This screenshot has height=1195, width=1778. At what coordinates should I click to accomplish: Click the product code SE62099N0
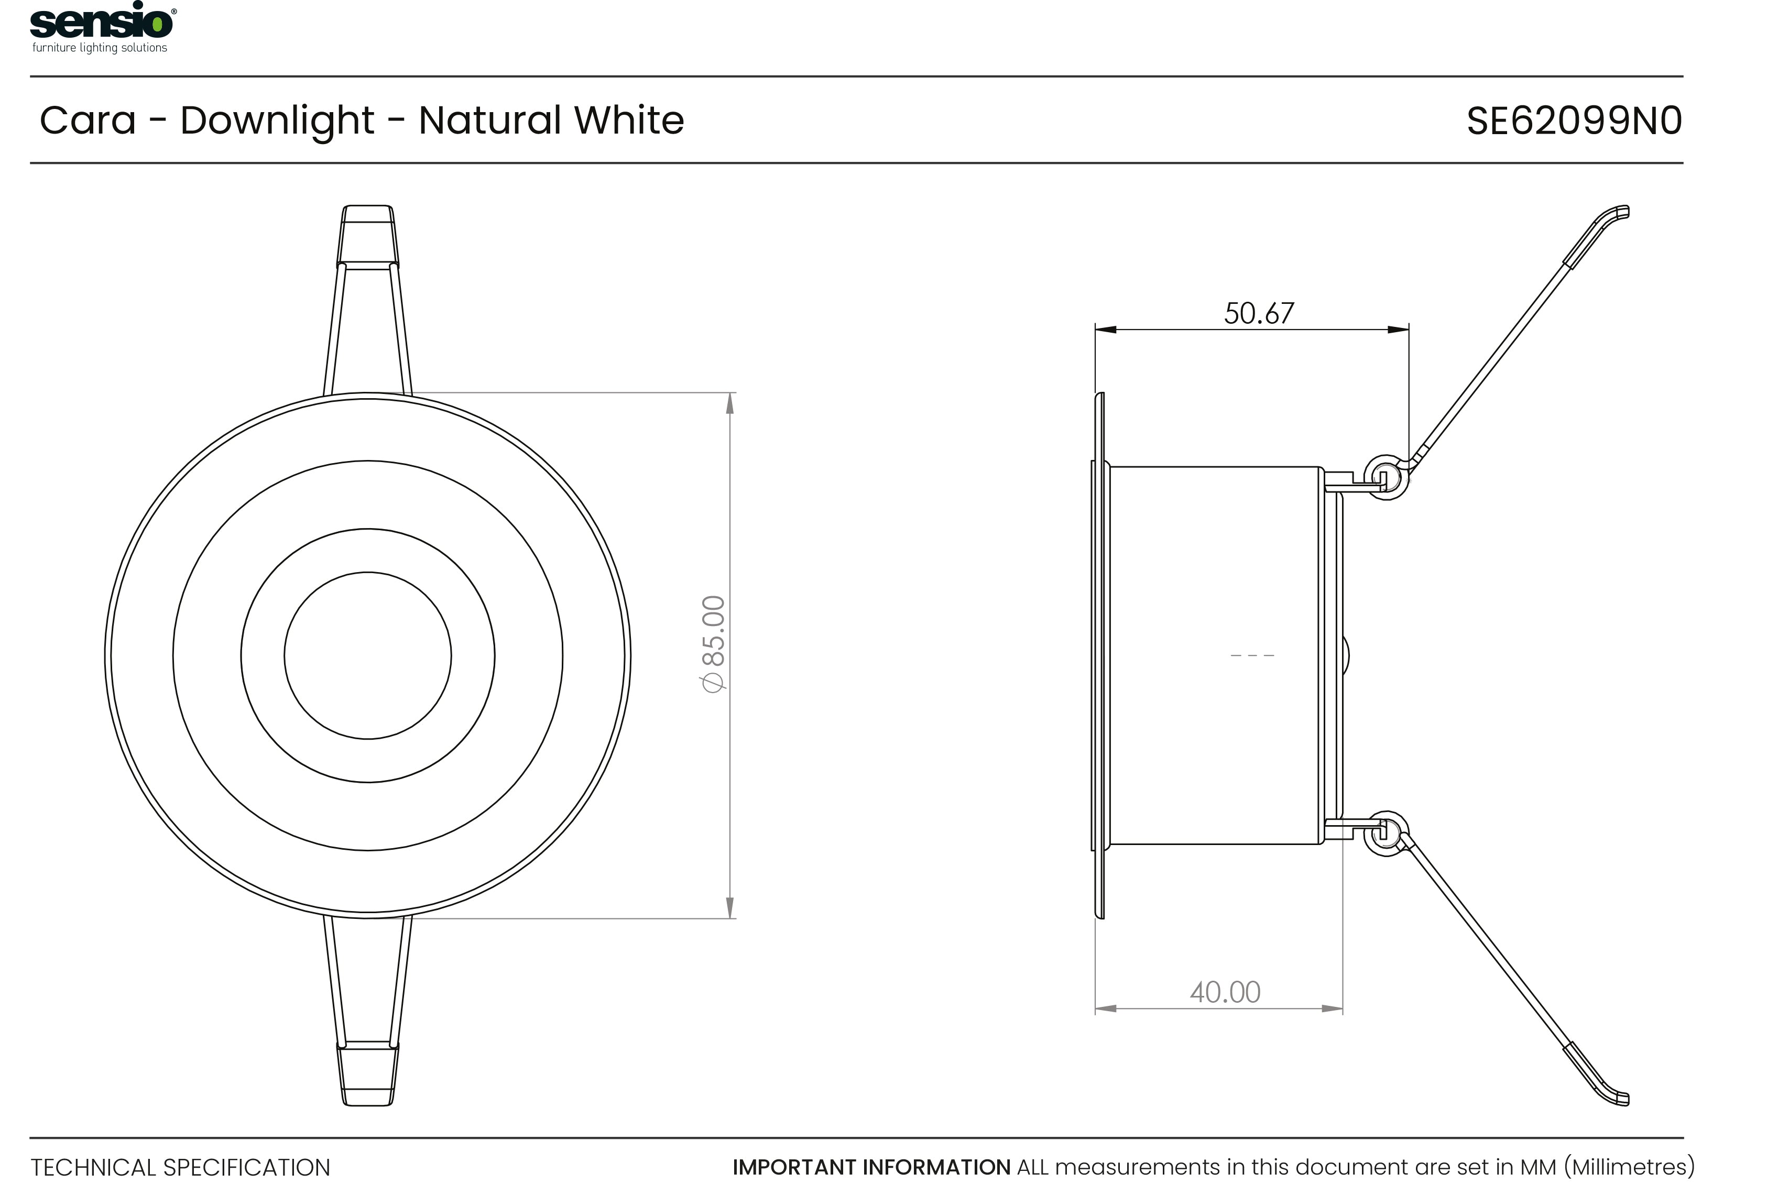(1574, 121)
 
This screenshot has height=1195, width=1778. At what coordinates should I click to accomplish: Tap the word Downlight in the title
(277, 120)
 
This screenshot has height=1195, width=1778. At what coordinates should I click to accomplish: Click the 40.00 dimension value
(1225, 992)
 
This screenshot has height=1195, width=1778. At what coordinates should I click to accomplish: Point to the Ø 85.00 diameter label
(713, 644)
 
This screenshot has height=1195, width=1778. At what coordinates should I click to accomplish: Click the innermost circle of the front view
(367, 655)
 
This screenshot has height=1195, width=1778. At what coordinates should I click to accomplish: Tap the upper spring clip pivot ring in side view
(1386, 478)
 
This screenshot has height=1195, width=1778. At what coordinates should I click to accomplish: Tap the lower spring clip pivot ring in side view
(1386, 833)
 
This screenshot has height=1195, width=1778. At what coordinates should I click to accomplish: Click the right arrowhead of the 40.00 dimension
(1332, 1008)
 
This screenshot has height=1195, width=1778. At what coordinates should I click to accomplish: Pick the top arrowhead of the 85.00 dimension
(730, 402)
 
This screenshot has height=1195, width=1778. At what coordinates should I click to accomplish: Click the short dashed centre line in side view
(1252, 655)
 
